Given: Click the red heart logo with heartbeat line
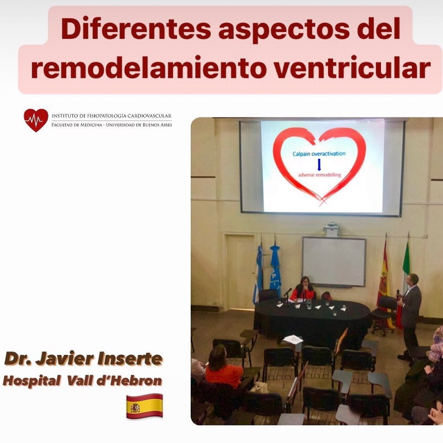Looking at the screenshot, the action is (x=36, y=120).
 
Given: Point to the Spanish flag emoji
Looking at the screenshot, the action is (x=144, y=406).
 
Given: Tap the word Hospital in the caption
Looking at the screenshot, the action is (x=31, y=381).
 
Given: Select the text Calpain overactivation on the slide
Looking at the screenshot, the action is (x=319, y=154).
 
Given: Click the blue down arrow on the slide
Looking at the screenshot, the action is (x=319, y=165).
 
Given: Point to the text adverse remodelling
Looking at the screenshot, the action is (x=320, y=175).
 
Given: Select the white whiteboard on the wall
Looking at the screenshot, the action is (x=334, y=261).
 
